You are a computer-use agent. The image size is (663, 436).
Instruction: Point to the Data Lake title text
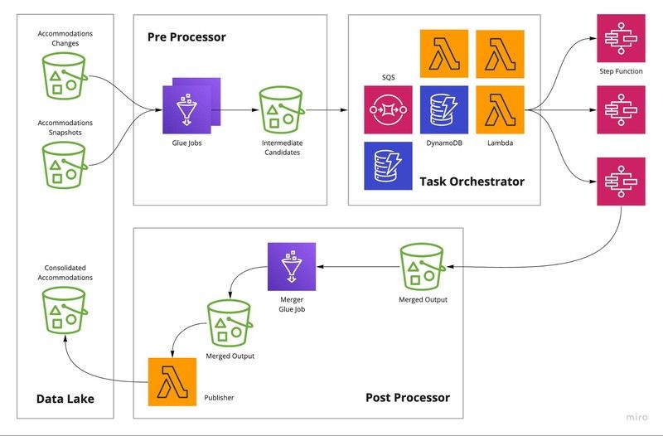[65, 399]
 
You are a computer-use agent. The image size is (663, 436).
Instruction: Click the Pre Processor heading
[186, 37]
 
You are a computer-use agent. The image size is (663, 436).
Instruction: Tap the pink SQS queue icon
[388, 109]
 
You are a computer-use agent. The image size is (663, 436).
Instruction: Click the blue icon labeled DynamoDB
[444, 109]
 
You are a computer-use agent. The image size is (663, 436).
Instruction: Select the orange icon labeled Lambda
[500, 109]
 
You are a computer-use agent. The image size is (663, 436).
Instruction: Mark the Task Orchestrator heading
[472, 182]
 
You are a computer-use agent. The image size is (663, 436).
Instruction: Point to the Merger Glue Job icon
[292, 267]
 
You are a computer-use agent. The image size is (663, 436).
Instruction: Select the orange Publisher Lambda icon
[172, 382]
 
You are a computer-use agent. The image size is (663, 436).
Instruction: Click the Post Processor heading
[407, 398]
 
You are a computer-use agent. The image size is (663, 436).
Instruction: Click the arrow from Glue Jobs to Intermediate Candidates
[237, 109]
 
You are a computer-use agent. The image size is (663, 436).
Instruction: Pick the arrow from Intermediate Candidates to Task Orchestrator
[327, 109]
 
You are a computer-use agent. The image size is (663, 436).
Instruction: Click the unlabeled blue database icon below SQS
[388, 166]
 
